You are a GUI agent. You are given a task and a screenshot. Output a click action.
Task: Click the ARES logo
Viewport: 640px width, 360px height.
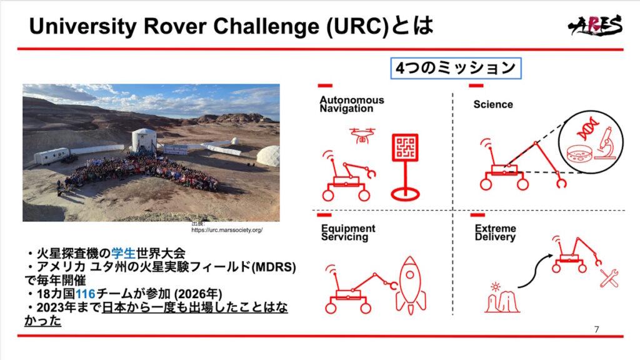(595, 25)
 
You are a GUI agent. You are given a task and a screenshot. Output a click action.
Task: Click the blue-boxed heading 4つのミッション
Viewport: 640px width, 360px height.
(456, 68)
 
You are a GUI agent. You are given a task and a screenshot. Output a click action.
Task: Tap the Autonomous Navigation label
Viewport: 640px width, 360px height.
(352, 104)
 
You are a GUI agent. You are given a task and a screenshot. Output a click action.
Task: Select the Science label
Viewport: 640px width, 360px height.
(493, 104)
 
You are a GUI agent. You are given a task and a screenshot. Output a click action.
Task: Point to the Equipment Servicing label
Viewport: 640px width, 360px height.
(348, 232)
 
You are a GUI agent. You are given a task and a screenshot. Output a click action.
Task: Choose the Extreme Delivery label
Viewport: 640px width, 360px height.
(495, 232)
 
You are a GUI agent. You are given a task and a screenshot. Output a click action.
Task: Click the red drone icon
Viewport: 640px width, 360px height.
(362, 136)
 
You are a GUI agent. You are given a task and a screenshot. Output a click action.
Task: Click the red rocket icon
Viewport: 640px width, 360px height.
(411, 285)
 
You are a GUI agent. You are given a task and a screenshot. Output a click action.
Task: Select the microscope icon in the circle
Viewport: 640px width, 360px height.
(606, 142)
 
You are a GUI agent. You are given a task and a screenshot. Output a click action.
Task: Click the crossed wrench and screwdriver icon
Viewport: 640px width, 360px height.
(609, 278)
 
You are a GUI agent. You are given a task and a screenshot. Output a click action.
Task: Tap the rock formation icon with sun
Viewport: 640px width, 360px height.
(502, 298)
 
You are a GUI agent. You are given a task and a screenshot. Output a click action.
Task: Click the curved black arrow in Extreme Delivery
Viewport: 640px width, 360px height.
(533, 269)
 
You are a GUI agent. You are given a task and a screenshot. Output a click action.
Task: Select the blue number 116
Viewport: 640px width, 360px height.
(85, 294)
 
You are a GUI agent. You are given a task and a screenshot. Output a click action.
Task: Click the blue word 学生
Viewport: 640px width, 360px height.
(123, 254)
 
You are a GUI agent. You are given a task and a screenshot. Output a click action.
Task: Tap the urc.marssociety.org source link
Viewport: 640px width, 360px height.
(227, 230)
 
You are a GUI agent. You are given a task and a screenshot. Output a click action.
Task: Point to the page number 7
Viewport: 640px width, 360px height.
(597, 329)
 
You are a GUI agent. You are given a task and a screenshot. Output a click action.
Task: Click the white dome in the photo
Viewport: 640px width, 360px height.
(268, 156)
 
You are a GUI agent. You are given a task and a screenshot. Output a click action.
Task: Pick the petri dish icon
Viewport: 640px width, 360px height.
(579, 154)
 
